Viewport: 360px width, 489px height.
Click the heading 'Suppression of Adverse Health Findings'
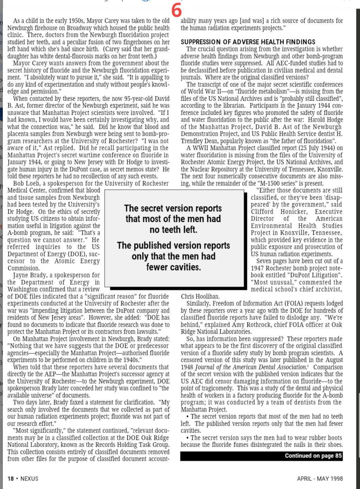coord(248,42)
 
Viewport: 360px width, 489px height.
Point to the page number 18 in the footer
coord(11,478)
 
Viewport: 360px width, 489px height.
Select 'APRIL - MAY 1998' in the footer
coord(320,478)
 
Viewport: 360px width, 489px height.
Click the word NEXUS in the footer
coord(30,478)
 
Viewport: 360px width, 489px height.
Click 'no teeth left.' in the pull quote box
coord(173,230)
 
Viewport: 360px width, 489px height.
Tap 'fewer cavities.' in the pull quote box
coord(173,267)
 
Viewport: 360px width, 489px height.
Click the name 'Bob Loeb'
coord(26,183)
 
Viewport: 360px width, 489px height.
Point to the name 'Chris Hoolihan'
coord(200,296)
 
